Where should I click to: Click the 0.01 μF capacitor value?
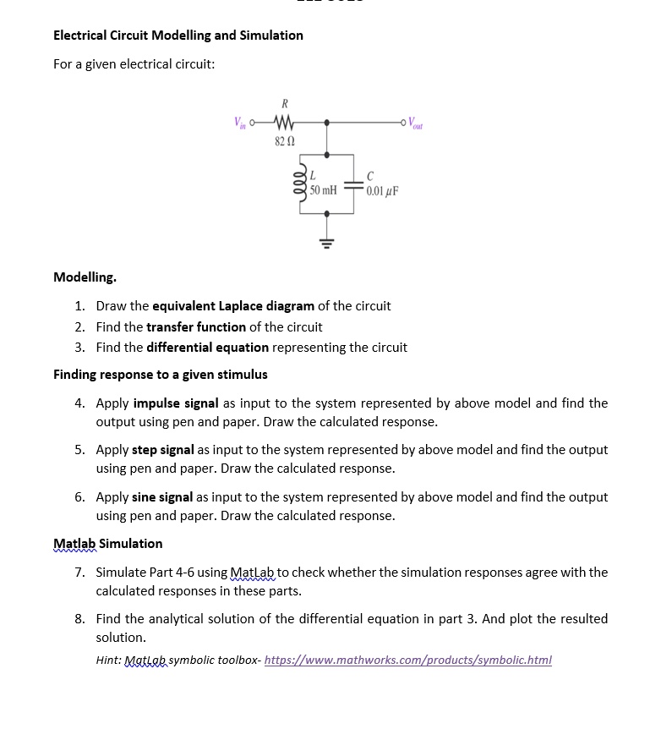[383, 190]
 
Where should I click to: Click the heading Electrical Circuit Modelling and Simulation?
[178, 36]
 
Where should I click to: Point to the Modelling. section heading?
[85, 277]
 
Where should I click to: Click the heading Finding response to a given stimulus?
[160, 374]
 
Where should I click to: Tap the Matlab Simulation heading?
[107, 543]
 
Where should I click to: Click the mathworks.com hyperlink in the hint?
[407, 660]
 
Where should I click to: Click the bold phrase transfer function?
[196, 326]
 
